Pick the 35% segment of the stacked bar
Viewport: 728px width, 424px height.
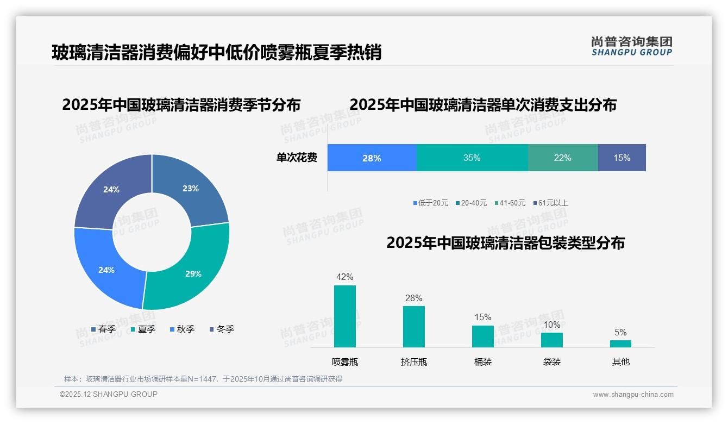tap(472, 158)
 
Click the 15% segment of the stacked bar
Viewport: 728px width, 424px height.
tap(622, 158)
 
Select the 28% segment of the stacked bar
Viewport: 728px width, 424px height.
tap(372, 158)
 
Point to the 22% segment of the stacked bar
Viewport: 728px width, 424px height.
tap(563, 158)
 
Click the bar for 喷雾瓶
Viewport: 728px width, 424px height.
tap(345, 316)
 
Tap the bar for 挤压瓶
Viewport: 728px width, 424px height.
tap(414, 327)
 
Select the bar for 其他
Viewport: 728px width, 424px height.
tap(620, 344)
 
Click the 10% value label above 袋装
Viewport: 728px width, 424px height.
tap(552, 325)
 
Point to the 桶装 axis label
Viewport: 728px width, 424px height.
tap(483, 362)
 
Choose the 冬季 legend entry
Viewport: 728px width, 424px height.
tap(222, 329)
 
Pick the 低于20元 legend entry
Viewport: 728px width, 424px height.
tap(431, 203)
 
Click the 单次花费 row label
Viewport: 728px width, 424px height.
tap(297, 158)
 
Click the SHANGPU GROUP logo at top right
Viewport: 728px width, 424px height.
tap(631, 46)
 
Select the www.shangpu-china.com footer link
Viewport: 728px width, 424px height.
tap(633, 395)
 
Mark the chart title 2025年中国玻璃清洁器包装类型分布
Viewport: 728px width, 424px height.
tap(505, 243)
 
